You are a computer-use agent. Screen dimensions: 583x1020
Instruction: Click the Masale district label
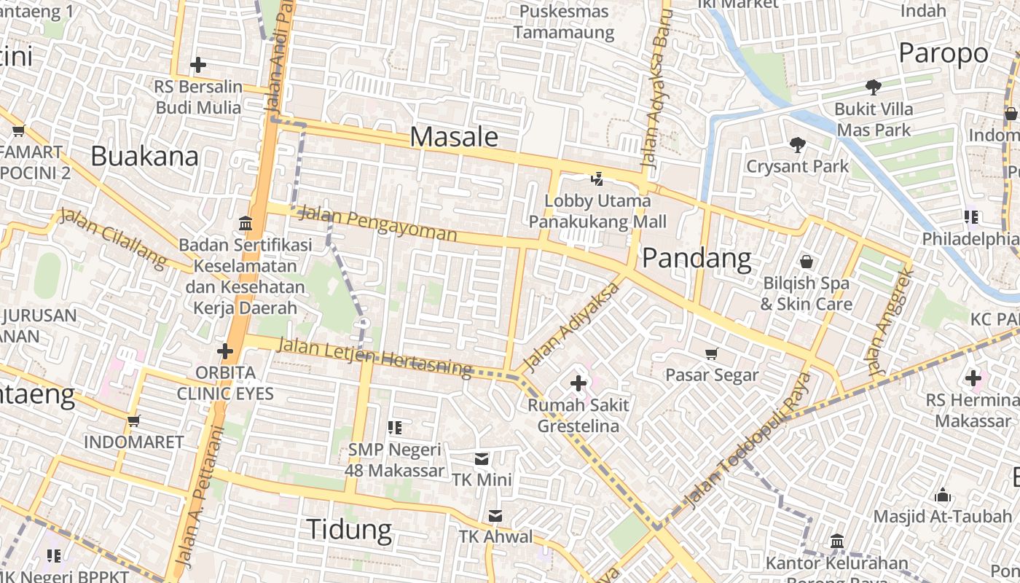pos(454,137)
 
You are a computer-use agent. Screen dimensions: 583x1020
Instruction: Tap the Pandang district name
pos(697,258)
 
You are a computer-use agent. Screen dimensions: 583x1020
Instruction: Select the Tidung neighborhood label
pos(349,529)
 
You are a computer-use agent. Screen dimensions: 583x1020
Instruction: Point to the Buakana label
pos(145,156)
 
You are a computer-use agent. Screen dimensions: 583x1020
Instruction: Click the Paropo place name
pos(943,53)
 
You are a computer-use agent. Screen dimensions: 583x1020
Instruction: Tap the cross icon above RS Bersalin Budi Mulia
pos(197,65)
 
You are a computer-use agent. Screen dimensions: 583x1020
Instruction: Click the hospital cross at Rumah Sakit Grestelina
pos(578,383)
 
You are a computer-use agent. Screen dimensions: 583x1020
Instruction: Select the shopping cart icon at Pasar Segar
pos(712,353)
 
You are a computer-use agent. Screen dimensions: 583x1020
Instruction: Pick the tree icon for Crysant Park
pos(798,145)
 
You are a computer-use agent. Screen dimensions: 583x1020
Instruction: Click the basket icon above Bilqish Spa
pos(807,261)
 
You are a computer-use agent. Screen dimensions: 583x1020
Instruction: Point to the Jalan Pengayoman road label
pos(378,224)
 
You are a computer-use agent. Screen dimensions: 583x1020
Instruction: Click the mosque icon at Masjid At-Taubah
pos(943,496)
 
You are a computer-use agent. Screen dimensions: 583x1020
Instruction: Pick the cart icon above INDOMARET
pos(133,420)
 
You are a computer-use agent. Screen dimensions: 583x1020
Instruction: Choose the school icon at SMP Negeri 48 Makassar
pos(395,428)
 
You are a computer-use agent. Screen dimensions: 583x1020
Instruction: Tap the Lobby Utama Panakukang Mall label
pos(597,211)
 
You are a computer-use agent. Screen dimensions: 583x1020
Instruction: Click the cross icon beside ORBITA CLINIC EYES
pos(225,352)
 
